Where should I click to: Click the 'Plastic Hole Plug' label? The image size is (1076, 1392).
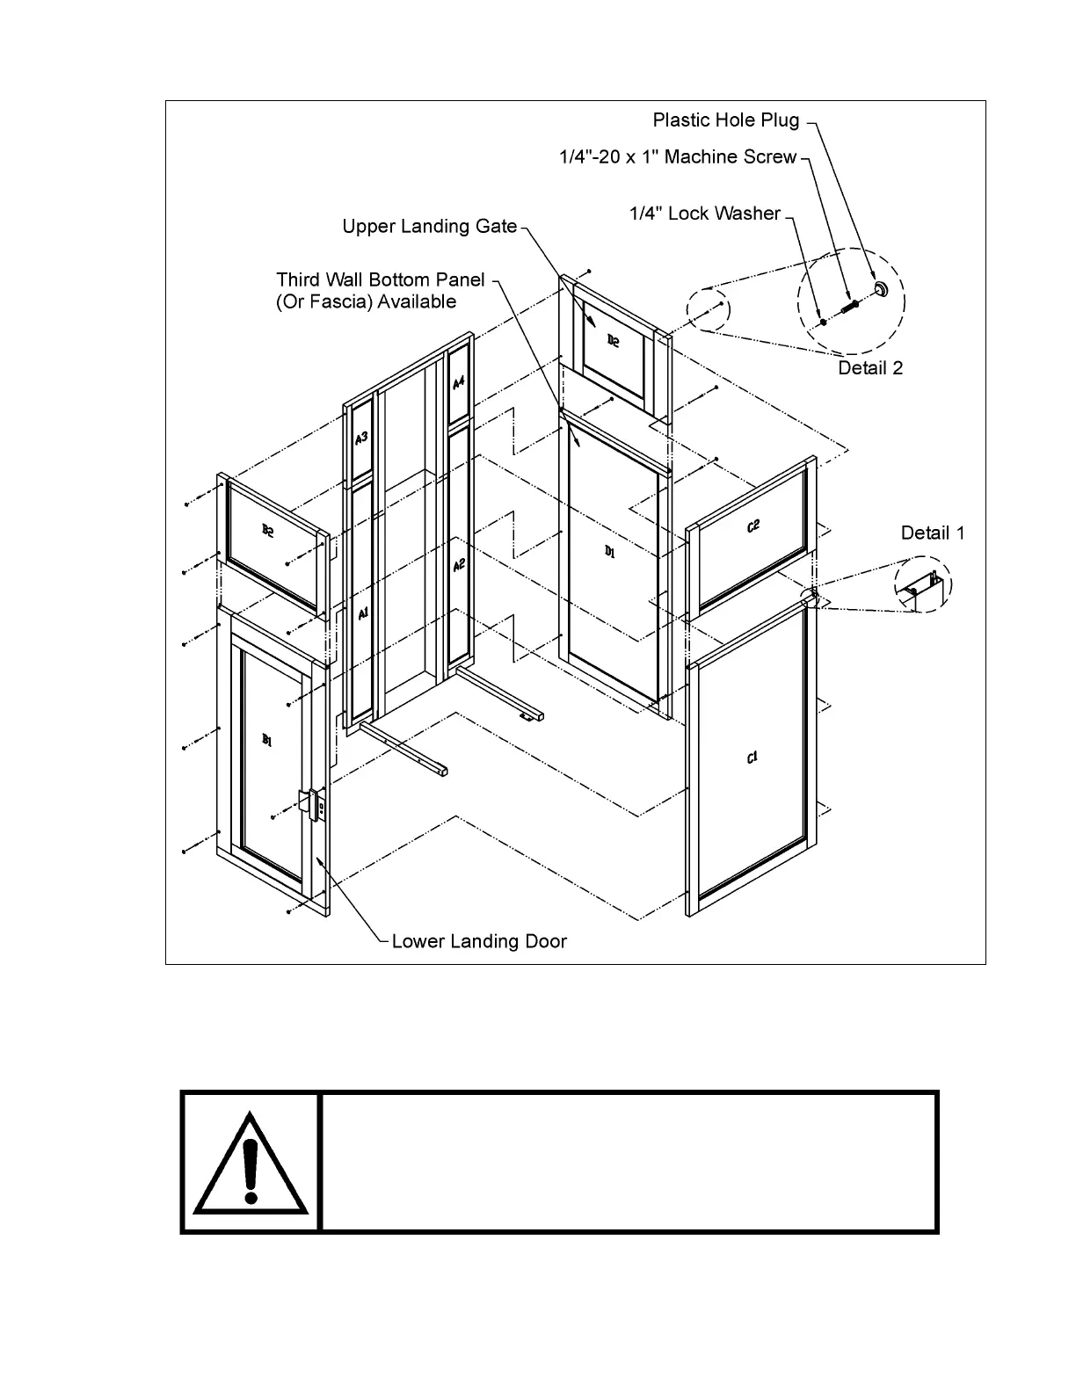coord(725,120)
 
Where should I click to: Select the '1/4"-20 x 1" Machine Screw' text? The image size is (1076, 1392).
coord(678,156)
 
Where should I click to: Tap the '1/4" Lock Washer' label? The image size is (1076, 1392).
coord(705,213)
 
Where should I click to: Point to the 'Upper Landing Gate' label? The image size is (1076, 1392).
coord(429,226)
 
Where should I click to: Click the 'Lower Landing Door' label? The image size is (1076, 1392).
coord(479,941)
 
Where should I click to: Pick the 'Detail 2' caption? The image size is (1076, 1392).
coord(870,367)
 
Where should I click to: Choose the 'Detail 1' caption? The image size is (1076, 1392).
coord(933,533)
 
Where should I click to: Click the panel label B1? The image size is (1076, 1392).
coord(267,741)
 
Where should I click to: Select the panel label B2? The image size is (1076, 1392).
coord(267,530)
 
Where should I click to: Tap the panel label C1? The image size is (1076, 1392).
coord(752,758)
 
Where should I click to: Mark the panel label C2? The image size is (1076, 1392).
coord(752,526)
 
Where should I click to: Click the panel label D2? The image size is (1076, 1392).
coord(613,340)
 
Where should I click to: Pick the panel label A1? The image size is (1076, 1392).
coord(362,615)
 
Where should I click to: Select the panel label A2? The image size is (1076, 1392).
coord(458,566)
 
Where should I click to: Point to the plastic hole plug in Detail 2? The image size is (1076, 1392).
coord(879,290)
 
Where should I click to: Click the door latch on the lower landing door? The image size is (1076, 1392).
coord(311,803)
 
